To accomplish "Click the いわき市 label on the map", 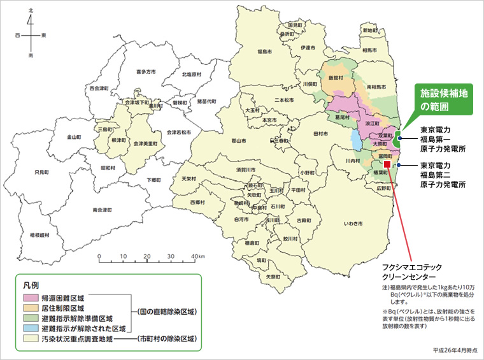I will click(x=353, y=225).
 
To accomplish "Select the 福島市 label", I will click(x=265, y=51).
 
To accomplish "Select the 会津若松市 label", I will click(x=179, y=132).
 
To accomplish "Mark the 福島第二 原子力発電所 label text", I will click(x=443, y=175).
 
